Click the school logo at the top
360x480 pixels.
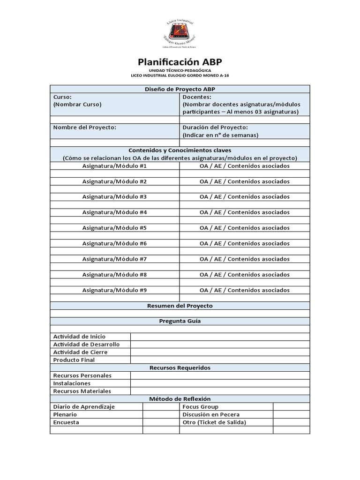pos(180,33)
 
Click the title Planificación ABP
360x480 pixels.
pos(180,62)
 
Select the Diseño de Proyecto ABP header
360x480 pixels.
pos(180,89)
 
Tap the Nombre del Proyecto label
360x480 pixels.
pos(85,127)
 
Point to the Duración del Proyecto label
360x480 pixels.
pos(215,127)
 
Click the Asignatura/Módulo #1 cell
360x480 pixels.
pos(115,166)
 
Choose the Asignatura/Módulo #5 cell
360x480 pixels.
pos(115,228)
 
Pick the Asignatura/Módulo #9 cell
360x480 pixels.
pos(115,290)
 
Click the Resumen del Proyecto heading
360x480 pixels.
pos(180,306)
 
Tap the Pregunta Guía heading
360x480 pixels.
pos(180,321)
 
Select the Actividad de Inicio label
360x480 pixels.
pos(80,337)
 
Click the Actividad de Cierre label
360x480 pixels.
pos(81,352)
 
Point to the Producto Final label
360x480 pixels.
pos(74,360)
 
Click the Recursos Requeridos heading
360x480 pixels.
pos(180,367)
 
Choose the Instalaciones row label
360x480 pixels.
pos(72,383)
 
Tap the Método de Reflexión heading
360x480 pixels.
pos(180,399)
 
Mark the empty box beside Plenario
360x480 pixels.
pos(161,414)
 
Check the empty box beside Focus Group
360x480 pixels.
pos(291,407)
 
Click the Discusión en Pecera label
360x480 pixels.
pos(211,414)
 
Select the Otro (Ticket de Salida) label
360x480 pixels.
pos(214,422)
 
